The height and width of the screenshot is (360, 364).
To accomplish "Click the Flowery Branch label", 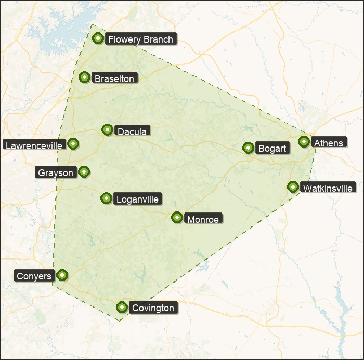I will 140,39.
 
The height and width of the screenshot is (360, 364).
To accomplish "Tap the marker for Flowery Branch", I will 98,38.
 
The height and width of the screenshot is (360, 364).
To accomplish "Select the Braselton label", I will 114,78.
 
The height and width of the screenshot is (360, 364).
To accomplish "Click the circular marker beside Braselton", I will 84,77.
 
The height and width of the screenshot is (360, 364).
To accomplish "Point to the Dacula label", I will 132,131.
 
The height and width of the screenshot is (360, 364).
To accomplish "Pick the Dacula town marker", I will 107,129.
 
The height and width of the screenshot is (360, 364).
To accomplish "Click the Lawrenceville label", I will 34,145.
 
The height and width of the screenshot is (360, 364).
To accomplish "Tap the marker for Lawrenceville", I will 73,143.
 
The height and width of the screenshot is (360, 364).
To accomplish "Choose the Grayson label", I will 56,172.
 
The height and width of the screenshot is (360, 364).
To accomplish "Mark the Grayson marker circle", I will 84,171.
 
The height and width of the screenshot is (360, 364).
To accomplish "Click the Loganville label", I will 137,199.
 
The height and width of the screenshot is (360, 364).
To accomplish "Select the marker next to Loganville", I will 106,198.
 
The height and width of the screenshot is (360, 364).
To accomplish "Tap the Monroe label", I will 203,219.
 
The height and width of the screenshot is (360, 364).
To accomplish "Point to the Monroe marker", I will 177,217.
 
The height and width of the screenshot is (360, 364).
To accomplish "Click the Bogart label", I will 272,149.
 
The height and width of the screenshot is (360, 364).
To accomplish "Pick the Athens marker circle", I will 304,141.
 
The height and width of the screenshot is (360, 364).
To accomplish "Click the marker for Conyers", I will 62,274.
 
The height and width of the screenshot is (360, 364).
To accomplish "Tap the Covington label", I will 153,308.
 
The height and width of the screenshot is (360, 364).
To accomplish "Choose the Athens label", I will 329,143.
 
